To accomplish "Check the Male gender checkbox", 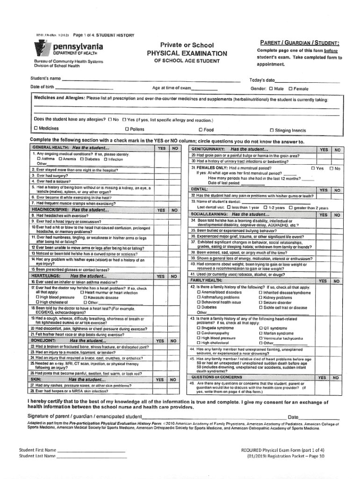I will [271, 88].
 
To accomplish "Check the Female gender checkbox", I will [290, 88].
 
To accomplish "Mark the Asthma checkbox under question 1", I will [39, 159].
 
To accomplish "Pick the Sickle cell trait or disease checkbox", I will [260, 307].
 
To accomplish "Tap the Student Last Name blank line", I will [91, 456].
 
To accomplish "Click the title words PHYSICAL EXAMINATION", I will [187, 53].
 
